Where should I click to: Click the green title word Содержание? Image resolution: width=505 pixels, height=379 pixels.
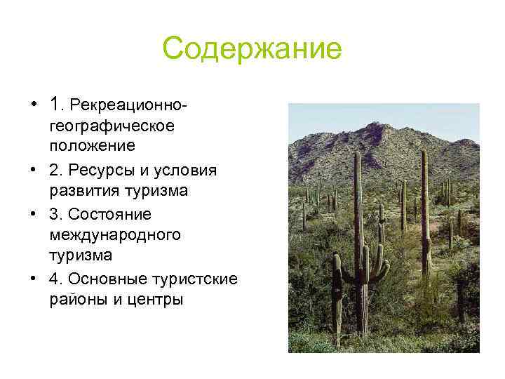[252, 49]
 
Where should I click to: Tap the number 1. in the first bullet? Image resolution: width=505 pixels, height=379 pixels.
[58, 105]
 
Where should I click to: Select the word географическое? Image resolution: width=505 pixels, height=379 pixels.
[111, 127]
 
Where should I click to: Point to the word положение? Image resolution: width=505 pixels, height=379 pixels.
[92, 147]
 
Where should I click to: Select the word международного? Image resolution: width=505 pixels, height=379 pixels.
[115, 235]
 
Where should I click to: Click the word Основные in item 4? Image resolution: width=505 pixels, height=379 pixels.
[102, 279]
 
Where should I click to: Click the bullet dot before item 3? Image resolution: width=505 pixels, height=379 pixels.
[34, 214]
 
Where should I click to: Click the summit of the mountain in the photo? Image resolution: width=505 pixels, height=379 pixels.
[376, 126]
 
